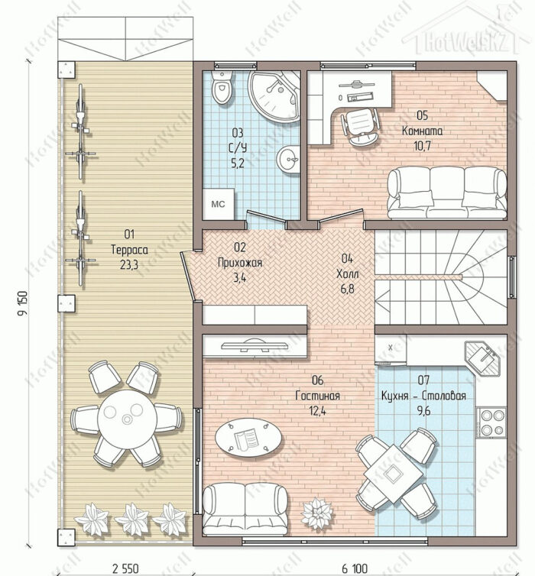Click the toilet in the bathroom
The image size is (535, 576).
coord(222,87)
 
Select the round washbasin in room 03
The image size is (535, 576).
coord(288,159)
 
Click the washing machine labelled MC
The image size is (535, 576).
coord(219,204)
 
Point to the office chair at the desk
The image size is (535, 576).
coord(360,127)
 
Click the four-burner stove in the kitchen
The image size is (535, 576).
coord(491,422)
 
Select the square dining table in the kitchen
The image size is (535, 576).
coord(393,474)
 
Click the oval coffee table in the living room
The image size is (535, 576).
coord(248,438)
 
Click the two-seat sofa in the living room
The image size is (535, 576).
coord(245,509)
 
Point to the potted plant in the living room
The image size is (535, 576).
coord(316,513)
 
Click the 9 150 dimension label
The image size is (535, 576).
coord(22,303)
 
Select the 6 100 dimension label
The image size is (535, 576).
coord(355,568)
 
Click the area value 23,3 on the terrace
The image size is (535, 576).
coord(129,264)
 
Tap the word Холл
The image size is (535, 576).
coord(348,273)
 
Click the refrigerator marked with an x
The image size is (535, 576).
coord(391,348)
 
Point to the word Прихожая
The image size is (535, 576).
coord(240,263)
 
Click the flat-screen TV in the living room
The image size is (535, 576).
coord(255,345)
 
